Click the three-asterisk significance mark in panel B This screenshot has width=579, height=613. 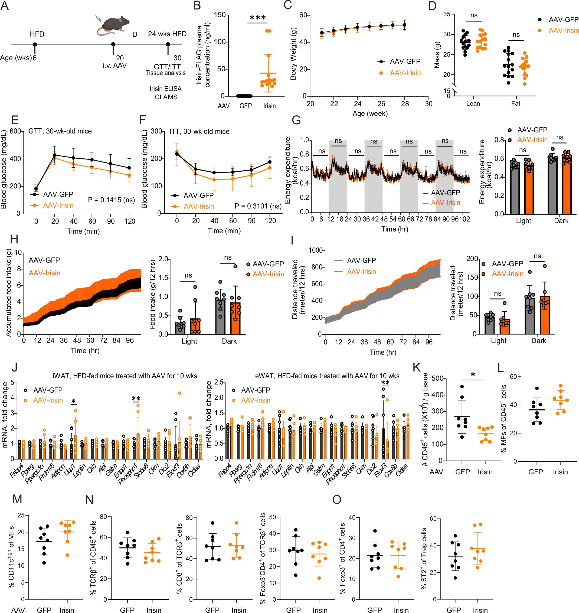[x=257, y=18]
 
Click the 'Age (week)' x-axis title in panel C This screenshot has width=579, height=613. [x=370, y=114]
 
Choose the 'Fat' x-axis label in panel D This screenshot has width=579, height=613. [x=515, y=104]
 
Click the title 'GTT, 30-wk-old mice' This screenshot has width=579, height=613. [x=60, y=131]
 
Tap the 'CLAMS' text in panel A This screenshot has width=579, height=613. [x=166, y=97]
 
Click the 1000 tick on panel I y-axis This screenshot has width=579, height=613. [x=315, y=250]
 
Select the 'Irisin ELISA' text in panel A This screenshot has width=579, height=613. [x=165, y=89]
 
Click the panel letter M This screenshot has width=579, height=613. [x=17, y=499]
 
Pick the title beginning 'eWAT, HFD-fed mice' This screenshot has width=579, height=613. [x=327, y=376]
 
